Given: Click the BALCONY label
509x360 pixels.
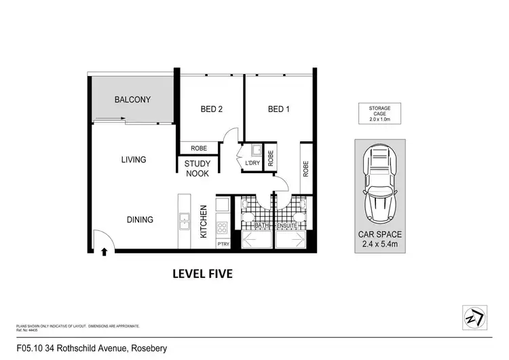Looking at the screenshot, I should [132, 100].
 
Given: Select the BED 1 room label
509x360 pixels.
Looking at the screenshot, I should [278, 109].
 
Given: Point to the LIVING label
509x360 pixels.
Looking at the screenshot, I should [134, 160].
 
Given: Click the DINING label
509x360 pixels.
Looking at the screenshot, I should [139, 219].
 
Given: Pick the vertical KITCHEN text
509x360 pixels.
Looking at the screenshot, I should [203, 221].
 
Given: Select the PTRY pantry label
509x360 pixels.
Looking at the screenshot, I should [223, 243].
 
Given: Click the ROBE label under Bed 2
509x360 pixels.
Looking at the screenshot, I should [199, 147].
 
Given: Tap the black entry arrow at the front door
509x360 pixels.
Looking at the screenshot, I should [104, 252].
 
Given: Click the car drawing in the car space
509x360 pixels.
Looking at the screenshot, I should [380, 183].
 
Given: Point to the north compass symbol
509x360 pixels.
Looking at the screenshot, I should [474, 317].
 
